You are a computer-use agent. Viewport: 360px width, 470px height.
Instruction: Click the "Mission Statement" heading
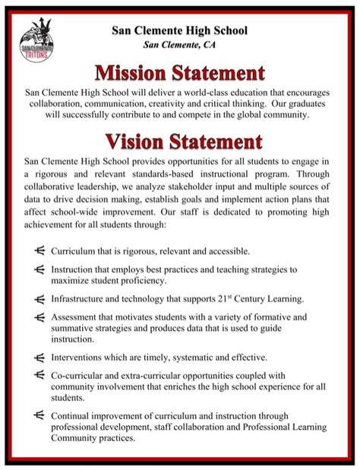(179, 74)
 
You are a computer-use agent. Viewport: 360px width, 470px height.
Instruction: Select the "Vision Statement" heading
(179, 141)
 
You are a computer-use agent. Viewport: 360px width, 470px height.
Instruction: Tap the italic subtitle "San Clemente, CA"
(179, 45)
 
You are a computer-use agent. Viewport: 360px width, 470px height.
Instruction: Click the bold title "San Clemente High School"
(179, 31)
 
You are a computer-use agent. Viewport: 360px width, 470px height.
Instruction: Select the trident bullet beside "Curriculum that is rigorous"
(39, 250)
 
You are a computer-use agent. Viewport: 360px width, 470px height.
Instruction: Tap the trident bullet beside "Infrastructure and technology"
(39, 298)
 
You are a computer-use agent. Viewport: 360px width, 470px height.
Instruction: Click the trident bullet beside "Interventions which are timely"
(39, 356)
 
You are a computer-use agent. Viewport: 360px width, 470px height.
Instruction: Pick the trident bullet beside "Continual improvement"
(39, 415)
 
